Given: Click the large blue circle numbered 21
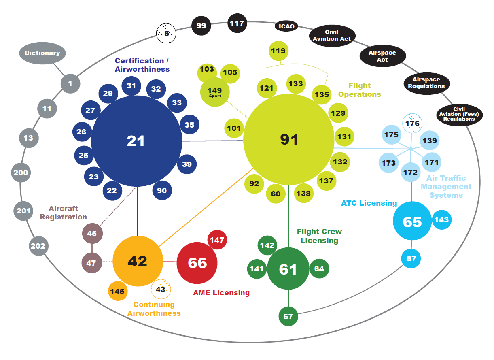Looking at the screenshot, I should (x=136, y=141).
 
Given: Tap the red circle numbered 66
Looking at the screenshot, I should (x=197, y=263).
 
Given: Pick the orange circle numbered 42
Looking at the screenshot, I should (x=138, y=261).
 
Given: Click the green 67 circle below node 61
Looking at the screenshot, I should (x=288, y=316).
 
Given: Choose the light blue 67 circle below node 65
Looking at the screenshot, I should (x=411, y=258).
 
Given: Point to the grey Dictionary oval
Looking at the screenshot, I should (x=42, y=53).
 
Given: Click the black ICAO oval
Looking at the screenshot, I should (x=286, y=27).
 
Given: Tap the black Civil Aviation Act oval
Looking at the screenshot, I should (x=332, y=35).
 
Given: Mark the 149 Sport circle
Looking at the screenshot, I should (x=215, y=92).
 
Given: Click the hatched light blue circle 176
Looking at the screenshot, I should (x=412, y=123).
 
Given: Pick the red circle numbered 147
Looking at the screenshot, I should (x=217, y=240).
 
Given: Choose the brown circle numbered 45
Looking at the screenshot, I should (x=92, y=233).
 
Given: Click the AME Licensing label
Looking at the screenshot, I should (x=221, y=292).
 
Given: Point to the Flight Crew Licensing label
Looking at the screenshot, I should (x=319, y=236).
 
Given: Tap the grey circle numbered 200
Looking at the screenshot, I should (x=21, y=173).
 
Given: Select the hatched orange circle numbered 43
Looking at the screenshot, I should (x=161, y=290).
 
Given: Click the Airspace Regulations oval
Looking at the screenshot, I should (x=426, y=83).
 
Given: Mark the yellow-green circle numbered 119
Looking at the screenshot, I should (x=278, y=51).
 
